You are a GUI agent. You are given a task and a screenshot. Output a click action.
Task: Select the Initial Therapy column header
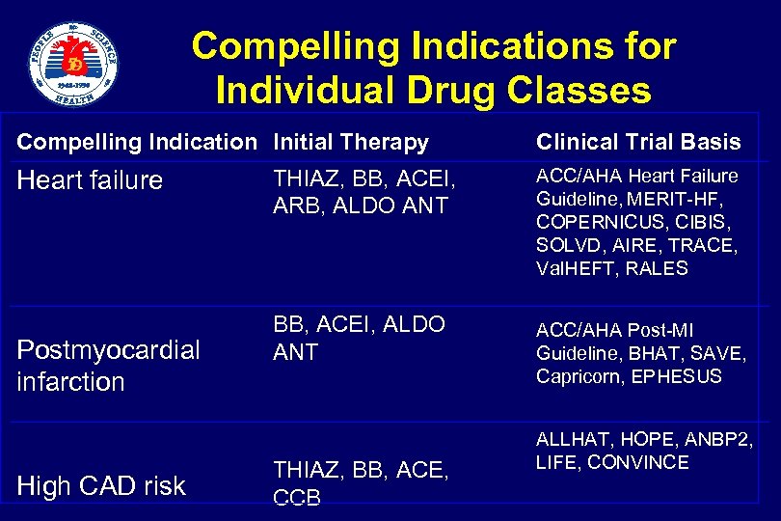(x=351, y=143)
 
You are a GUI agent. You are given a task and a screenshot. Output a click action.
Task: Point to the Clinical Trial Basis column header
(x=638, y=143)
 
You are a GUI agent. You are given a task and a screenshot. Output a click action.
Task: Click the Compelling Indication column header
(x=137, y=143)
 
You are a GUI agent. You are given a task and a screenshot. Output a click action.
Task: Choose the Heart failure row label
(x=90, y=181)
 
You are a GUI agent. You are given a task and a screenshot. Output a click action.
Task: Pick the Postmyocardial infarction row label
(x=108, y=365)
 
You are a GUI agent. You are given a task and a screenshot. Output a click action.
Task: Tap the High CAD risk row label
(x=101, y=486)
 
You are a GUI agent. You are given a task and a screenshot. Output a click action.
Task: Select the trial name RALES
(x=657, y=268)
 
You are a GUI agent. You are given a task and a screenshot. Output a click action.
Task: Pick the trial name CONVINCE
(x=638, y=462)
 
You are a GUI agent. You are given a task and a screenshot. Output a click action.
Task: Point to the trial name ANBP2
(x=719, y=439)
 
